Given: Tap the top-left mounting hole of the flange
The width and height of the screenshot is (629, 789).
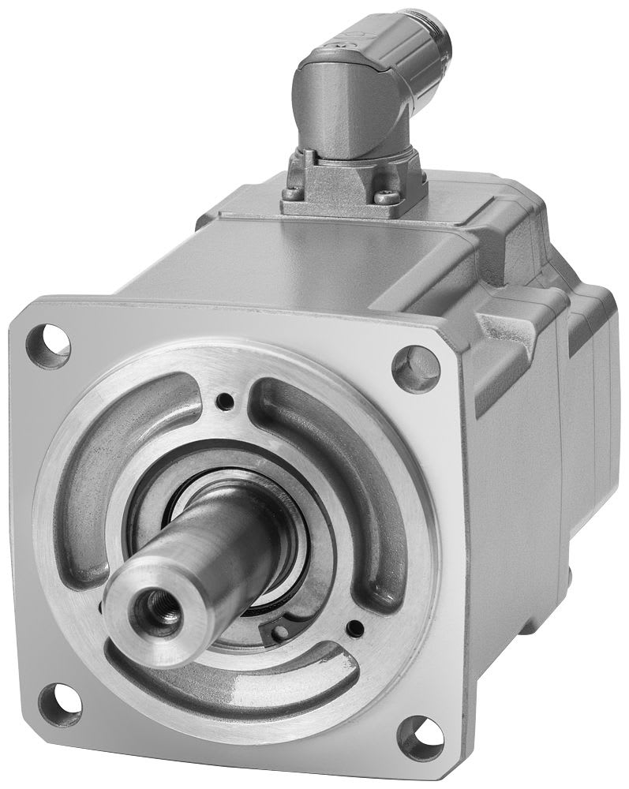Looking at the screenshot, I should (47, 345).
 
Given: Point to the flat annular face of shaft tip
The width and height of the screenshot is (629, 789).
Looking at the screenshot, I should (134, 623).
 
